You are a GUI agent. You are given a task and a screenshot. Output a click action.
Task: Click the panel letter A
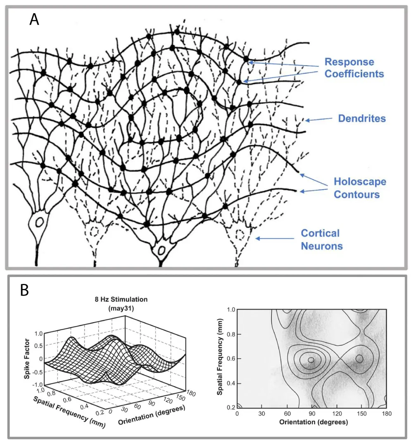35,19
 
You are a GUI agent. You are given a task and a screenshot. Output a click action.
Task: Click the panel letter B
24,290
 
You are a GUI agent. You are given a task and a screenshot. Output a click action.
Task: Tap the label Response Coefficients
354,68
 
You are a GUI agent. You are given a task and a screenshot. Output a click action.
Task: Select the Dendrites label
362,118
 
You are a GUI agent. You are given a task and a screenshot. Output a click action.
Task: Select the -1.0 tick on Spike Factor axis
38,385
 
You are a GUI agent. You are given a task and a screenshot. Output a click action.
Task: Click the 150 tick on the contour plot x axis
361,413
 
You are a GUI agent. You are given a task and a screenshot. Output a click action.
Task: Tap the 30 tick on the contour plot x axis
262,413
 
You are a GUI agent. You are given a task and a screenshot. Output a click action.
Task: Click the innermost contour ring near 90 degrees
311,359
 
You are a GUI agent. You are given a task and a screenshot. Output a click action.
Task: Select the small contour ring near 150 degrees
359,359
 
